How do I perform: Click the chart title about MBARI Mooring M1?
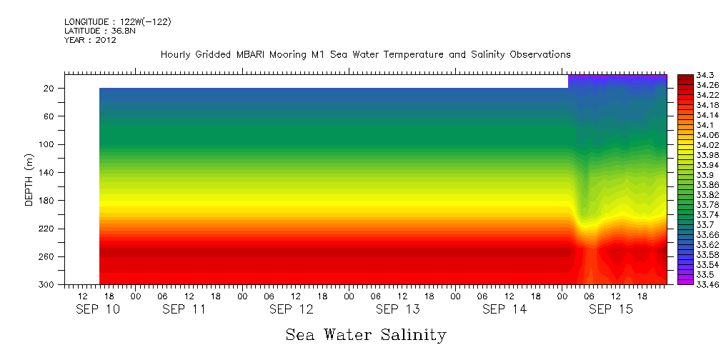click(x=365, y=54)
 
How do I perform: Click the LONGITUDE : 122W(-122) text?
click(x=117, y=21)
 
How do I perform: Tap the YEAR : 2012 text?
click(x=90, y=40)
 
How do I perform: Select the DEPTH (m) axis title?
click(x=29, y=179)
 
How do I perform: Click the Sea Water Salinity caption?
click(x=366, y=334)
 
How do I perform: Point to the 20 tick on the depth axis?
click(x=50, y=88)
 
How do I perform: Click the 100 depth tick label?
click(x=48, y=144)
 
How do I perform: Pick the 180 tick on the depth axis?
click(x=48, y=201)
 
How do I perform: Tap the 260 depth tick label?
click(x=48, y=256)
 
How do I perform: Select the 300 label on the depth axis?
click(x=48, y=284)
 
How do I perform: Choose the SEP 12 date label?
click(x=291, y=309)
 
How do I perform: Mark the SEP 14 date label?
click(x=504, y=309)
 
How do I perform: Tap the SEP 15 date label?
click(x=610, y=309)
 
